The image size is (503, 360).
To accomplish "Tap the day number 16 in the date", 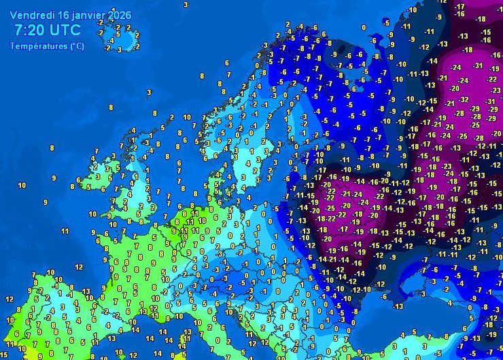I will coord(63,15).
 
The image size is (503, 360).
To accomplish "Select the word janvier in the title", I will coord(89,15).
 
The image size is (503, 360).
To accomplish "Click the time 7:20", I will coord(29,30).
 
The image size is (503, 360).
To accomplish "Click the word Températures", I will coord(38,46).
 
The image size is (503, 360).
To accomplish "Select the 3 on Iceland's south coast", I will coord(119,49).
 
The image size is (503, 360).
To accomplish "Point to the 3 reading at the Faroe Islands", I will coord(149,92).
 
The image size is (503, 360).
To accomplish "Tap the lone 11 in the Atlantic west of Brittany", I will coord(65,232).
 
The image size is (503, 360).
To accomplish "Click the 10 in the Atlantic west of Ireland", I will coord(22,185).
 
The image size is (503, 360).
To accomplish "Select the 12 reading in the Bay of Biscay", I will coord(79,267).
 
